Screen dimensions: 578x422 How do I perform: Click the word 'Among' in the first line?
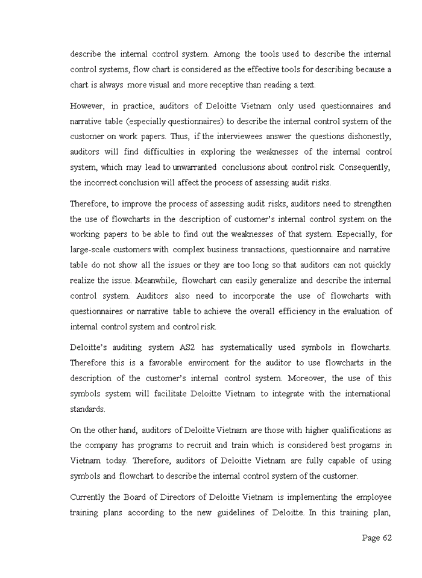tap(227, 54)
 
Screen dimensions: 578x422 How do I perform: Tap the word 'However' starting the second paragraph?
tap(87, 106)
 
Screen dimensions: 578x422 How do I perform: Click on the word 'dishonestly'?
tap(367, 137)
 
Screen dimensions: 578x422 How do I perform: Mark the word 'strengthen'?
tap(369, 204)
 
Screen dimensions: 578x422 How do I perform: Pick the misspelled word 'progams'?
tap(362, 445)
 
